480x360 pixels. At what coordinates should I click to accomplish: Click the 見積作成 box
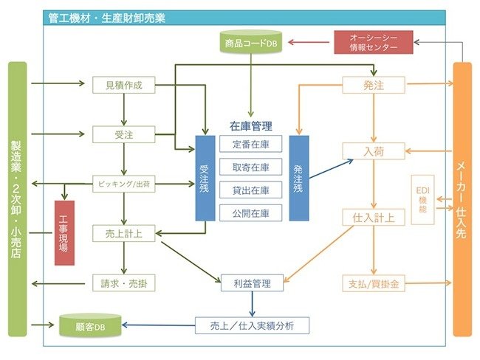[x=124, y=85]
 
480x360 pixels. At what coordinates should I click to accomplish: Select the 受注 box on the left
[x=124, y=134]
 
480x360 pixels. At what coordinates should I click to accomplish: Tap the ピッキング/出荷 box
[x=124, y=184]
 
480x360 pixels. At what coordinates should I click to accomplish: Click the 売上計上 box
[x=124, y=233]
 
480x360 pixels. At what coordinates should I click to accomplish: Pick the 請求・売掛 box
[x=124, y=283]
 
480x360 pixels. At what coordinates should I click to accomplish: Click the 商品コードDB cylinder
[x=251, y=42]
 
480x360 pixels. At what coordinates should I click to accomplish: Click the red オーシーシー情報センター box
[x=374, y=42]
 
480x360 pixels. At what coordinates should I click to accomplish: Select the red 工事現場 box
[x=64, y=232]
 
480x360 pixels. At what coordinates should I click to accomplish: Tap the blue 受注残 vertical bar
[x=205, y=179]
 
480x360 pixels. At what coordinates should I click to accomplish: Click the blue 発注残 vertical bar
[x=298, y=179]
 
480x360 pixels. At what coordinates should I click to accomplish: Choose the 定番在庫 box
[x=251, y=144]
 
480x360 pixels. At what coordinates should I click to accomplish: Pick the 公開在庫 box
[x=251, y=213]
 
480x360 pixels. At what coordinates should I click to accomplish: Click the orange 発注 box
[x=374, y=85]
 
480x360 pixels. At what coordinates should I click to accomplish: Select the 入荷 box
[x=374, y=151]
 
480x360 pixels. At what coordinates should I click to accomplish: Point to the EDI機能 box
[x=422, y=199]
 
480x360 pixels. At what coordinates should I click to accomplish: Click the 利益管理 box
[x=251, y=283]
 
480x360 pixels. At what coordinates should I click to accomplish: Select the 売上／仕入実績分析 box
[x=251, y=324]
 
